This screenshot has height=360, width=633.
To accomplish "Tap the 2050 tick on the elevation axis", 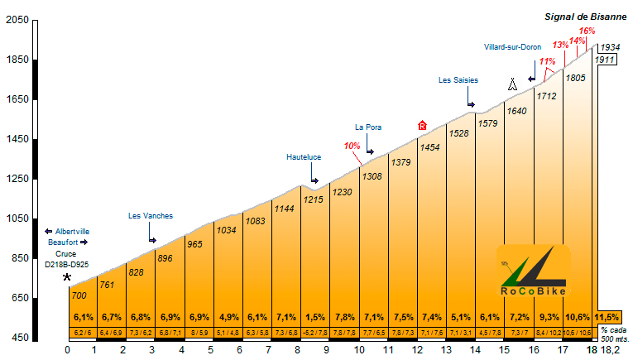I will point(17,21).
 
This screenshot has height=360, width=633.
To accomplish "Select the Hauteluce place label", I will point(304,156).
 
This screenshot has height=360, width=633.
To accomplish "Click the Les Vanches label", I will point(151,216).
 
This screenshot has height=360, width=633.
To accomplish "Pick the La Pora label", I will point(367,127).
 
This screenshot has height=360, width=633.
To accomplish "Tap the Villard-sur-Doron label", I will point(512,47).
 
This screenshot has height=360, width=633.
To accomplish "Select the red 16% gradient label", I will point(587,31).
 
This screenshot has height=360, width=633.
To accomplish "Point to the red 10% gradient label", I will point(352,146).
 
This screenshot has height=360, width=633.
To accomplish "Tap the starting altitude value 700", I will point(79,295).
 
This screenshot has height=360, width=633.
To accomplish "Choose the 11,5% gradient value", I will point(607,317).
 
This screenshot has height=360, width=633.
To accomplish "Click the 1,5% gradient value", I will point(314,317).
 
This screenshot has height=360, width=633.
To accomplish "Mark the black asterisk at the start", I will point(67,278).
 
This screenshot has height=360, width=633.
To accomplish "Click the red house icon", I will point(422,126).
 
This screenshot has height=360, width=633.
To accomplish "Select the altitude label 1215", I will point(313,199).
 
